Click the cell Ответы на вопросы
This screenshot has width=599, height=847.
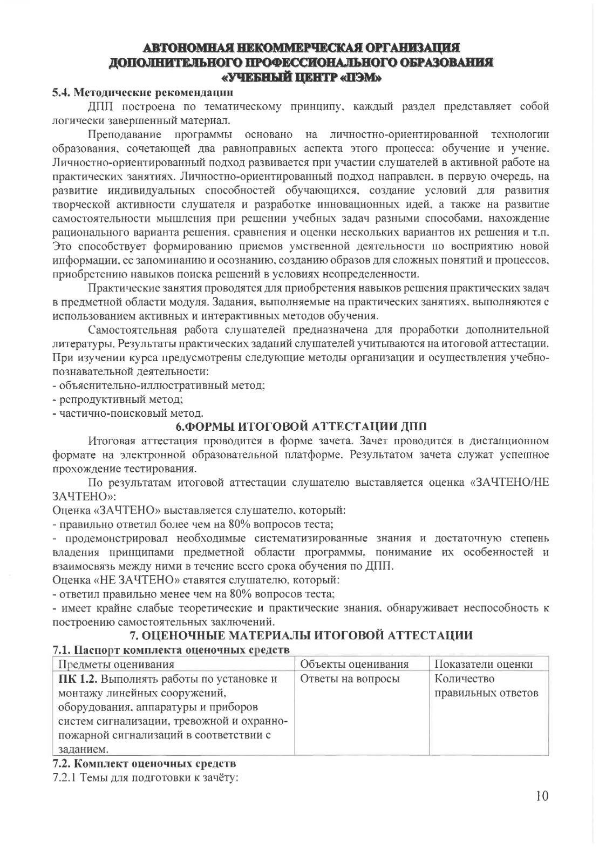click(x=350, y=679)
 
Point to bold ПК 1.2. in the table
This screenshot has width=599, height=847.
click(x=78, y=679)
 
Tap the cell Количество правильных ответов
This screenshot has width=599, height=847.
click(x=486, y=686)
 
